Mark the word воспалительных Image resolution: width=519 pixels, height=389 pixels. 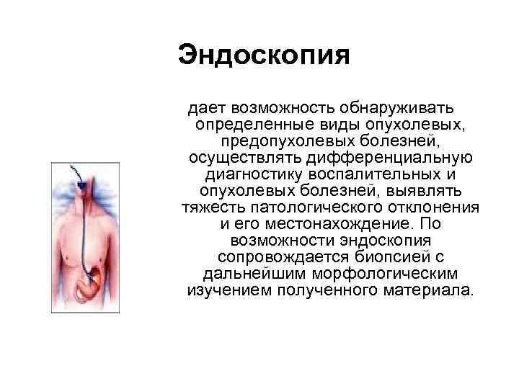click(x=383, y=174)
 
